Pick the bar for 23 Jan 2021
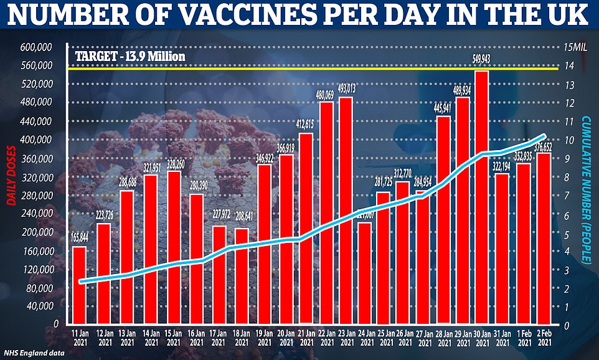(x=346, y=211)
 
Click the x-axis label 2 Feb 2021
(x=543, y=338)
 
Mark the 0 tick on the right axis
(x=567, y=324)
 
